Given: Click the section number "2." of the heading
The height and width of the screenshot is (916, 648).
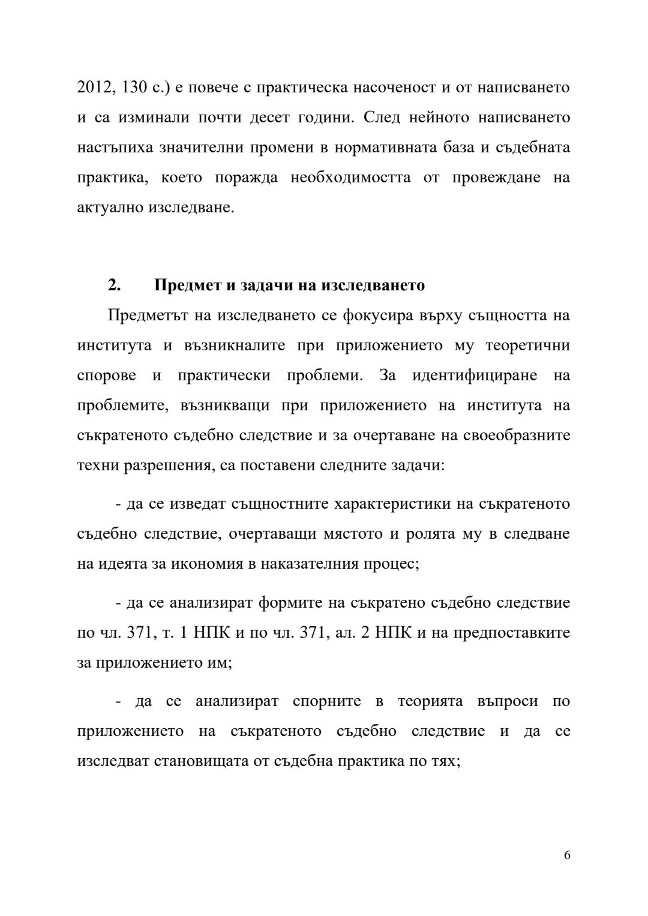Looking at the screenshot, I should click(x=114, y=285).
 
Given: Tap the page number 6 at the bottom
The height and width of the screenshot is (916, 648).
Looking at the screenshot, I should click(x=567, y=855).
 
